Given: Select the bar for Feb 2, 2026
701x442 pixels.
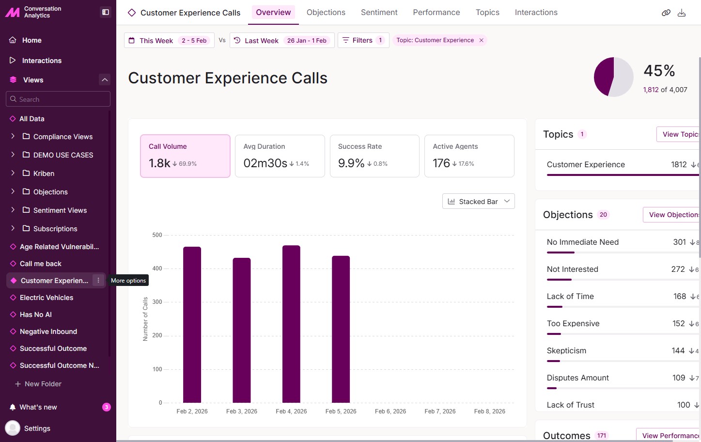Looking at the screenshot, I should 192,325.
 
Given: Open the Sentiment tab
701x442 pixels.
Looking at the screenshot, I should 379,13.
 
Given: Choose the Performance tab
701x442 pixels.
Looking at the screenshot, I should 436,13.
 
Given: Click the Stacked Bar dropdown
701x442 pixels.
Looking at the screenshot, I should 478,202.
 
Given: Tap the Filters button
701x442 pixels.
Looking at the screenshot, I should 363,40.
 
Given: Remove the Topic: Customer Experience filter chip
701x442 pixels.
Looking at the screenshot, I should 482,40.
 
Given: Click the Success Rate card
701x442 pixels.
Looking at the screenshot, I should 374,156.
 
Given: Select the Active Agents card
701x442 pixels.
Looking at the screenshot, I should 469,156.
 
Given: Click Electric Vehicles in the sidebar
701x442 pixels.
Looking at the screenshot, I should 47,298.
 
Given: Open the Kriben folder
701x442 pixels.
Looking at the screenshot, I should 44,174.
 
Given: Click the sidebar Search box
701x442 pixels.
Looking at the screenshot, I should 58,99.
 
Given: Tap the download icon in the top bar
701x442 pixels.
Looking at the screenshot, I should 682,13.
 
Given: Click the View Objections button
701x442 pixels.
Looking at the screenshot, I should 672,215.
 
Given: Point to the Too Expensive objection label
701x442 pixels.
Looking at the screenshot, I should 573,324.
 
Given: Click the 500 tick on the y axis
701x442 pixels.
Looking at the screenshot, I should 157,235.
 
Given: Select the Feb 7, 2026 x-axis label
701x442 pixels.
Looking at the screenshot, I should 440,411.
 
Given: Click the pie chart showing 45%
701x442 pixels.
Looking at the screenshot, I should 613,77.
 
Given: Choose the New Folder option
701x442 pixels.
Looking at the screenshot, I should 43,384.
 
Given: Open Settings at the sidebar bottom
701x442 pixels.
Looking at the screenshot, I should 37,428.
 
